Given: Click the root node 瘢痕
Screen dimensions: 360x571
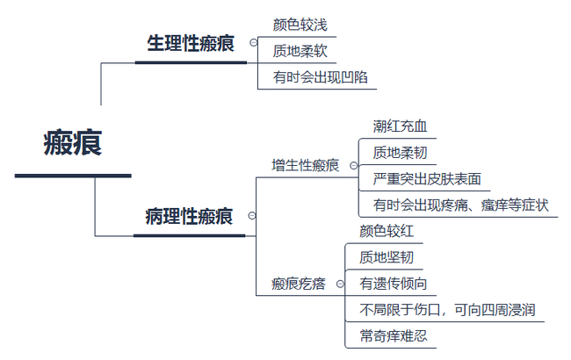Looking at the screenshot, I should (x=73, y=143).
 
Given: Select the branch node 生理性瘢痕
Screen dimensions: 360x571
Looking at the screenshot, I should (x=191, y=44).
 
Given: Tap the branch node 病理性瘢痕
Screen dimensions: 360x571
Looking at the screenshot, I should (x=189, y=216).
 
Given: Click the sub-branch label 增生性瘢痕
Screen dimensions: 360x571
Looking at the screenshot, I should (x=305, y=164).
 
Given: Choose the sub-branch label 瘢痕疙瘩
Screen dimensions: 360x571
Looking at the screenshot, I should (x=299, y=284).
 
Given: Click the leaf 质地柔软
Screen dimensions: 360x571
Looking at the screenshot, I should (x=300, y=50).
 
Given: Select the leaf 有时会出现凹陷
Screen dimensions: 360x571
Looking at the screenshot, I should (x=320, y=76).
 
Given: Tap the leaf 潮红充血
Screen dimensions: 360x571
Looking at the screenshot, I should (x=400, y=126).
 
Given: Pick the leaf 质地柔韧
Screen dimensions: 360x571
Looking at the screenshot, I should (x=400, y=153).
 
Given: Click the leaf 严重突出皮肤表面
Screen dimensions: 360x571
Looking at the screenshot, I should (x=426, y=179).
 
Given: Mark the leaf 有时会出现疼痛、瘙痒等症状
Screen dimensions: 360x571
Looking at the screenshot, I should (x=460, y=205).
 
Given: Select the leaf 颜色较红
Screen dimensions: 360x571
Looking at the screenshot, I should (x=387, y=231).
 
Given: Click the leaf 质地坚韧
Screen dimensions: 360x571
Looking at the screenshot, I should (x=387, y=257).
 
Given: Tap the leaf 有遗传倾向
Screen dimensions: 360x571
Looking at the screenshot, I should (x=394, y=284).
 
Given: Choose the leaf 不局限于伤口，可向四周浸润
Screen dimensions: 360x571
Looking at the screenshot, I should (x=447, y=310).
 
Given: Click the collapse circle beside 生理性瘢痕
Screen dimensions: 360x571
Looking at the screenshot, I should (x=254, y=42).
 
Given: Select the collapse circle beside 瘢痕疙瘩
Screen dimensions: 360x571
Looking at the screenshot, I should (x=340, y=284).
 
